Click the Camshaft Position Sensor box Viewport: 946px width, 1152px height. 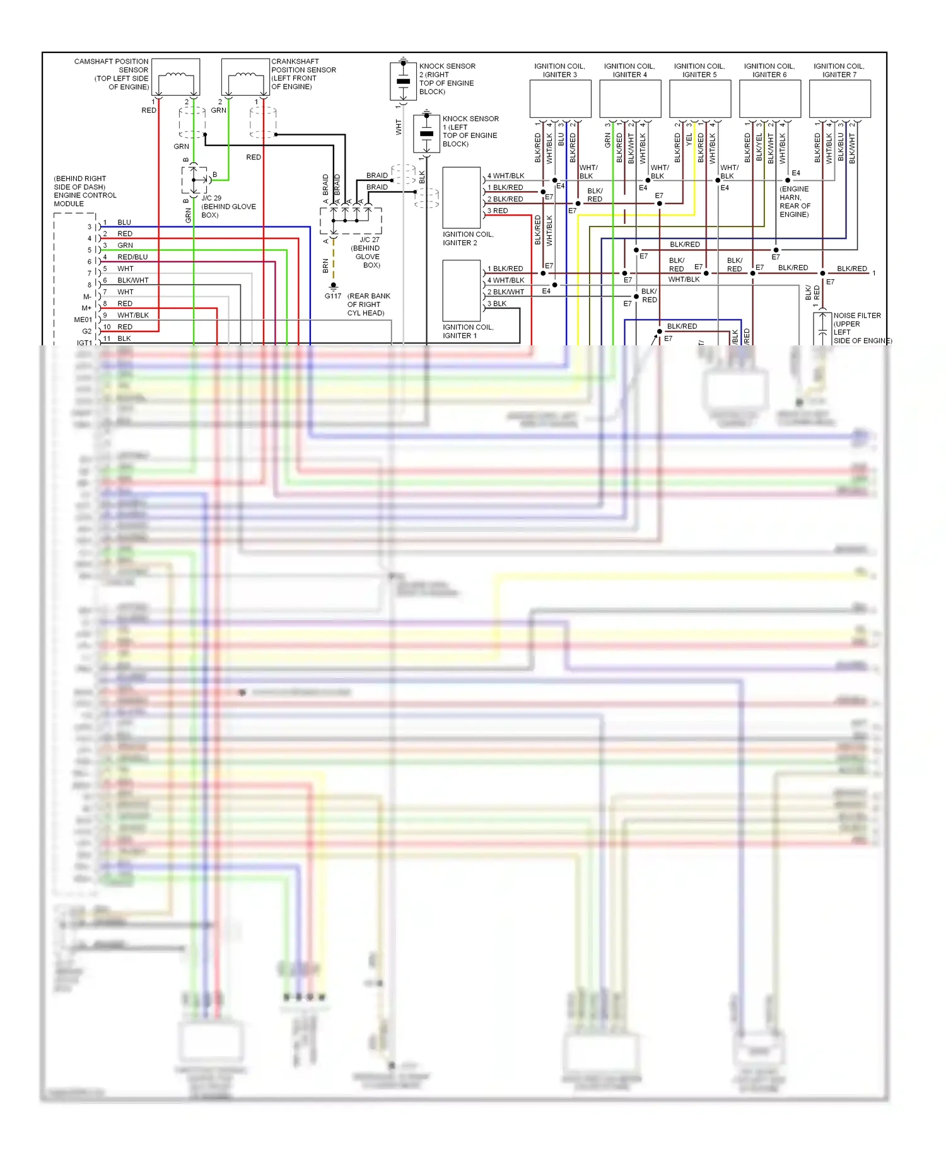click(x=176, y=77)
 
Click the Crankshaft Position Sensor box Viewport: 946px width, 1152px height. click(x=245, y=77)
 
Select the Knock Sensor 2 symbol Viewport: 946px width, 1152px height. click(x=403, y=81)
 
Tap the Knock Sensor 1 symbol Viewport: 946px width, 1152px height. click(x=426, y=133)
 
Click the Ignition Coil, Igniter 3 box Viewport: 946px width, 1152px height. click(x=560, y=99)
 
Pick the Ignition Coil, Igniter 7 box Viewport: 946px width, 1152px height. click(x=839, y=99)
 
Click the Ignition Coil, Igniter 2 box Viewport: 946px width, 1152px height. click(x=462, y=197)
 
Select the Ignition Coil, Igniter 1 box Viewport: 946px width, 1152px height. click(x=462, y=291)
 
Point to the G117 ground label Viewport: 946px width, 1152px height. click(x=333, y=296)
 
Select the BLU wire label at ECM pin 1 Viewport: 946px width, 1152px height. click(x=124, y=222)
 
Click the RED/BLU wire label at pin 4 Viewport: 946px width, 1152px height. click(x=132, y=257)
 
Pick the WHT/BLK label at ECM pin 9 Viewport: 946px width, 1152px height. click(x=133, y=315)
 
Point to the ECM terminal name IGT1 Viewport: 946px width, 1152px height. click(x=85, y=343)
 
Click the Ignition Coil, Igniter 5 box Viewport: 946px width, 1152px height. click(x=699, y=99)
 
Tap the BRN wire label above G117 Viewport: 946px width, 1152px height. click(x=325, y=265)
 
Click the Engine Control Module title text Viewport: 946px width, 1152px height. click(x=85, y=191)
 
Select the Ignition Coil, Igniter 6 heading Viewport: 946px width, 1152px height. click(x=769, y=70)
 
